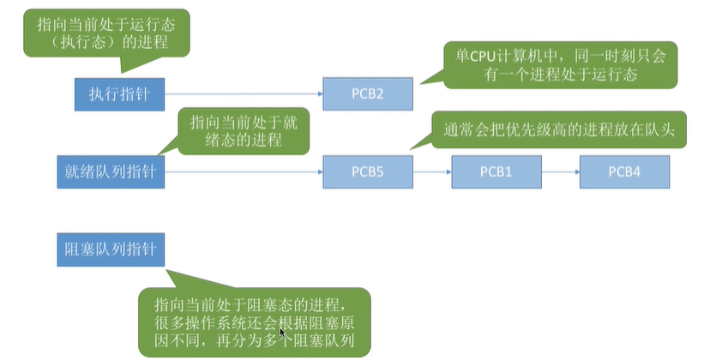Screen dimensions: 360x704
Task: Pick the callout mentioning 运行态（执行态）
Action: pyautogui.click(x=105, y=33)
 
